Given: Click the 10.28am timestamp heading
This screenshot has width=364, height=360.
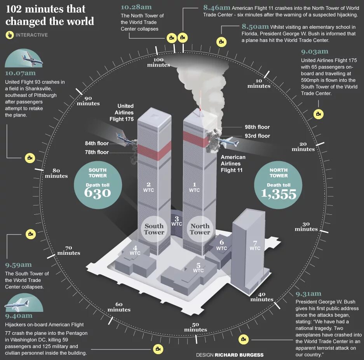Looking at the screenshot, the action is [x=136, y=7].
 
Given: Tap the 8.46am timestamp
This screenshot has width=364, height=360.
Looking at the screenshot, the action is [x=216, y=7].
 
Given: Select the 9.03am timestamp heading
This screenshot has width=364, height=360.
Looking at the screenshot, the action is [x=314, y=51].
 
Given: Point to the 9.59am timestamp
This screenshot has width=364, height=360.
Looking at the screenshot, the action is [x=18, y=265].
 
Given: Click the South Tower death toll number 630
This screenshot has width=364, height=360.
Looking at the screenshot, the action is [x=98, y=193].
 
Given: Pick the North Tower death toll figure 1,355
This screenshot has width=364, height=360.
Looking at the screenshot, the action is [x=279, y=193].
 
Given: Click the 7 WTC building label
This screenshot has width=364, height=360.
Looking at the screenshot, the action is [x=255, y=245].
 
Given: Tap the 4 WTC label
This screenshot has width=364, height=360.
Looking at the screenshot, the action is [x=135, y=250].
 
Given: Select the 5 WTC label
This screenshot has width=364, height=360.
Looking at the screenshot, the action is [x=198, y=268].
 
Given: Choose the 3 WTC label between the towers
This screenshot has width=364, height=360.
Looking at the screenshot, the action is [x=176, y=221].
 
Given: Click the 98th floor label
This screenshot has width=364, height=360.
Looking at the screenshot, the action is [x=257, y=127].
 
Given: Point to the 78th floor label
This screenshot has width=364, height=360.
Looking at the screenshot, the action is [x=97, y=152].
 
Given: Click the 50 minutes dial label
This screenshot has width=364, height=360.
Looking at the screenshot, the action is [x=195, y=327].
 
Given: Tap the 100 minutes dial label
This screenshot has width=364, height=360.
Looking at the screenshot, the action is [x=158, y=62].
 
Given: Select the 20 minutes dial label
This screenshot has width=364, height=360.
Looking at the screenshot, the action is [x=303, y=146].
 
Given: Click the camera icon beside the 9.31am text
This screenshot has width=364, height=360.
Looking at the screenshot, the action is [x=244, y=339].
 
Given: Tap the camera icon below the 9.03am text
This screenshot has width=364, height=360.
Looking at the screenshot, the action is [x=318, y=114].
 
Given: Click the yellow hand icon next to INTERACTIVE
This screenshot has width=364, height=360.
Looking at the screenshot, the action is [x=10, y=35].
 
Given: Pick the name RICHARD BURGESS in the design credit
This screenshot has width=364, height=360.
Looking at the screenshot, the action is [x=239, y=355].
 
